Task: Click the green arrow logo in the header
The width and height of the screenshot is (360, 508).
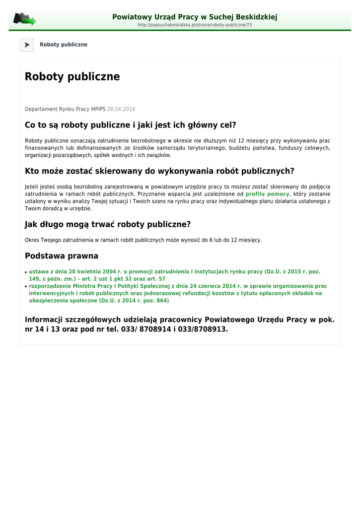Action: [x=24, y=19]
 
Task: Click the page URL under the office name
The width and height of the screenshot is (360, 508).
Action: [x=195, y=25]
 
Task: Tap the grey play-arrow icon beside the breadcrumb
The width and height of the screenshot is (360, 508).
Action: [x=27, y=45]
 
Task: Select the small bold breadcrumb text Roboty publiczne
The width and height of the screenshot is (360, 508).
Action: [x=64, y=45]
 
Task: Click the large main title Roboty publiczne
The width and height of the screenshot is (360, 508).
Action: [x=72, y=77]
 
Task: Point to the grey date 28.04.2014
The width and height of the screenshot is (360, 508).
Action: [x=121, y=109]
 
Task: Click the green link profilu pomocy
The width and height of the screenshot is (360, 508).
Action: [x=267, y=194]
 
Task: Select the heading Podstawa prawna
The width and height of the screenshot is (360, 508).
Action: [x=62, y=256]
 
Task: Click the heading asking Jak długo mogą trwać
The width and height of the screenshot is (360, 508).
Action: [x=108, y=224]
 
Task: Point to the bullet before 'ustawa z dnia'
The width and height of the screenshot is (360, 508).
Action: [x=26, y=272]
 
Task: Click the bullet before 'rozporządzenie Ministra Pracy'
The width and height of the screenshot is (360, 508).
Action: [x=26, y=287]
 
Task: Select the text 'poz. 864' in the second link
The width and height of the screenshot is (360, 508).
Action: [x=154, y=301]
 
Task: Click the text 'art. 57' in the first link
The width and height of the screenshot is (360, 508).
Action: [x=155, y=279]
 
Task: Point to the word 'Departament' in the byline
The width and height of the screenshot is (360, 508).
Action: [x=41, y=109]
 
